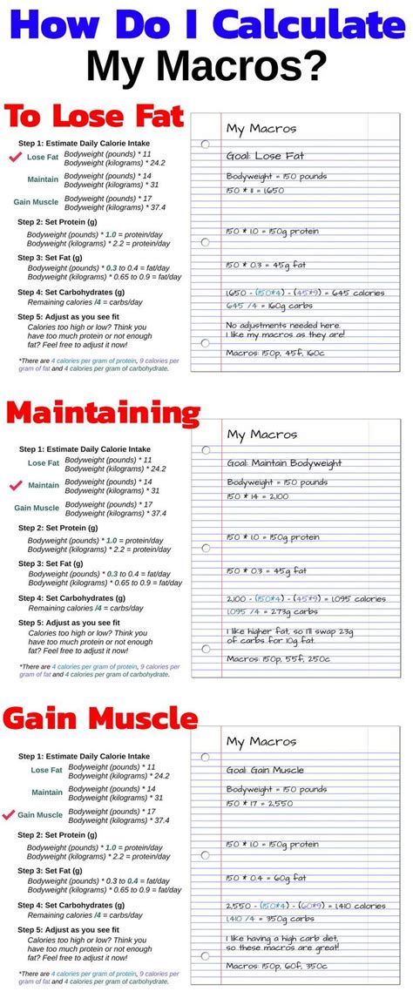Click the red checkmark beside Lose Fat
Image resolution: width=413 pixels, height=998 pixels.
pos(14,158)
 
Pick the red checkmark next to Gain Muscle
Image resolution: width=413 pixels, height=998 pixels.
pos(9,815)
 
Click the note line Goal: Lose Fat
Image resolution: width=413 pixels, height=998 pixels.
pos(264,157)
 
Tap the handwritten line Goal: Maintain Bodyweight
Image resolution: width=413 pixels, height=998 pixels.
pos(284,463)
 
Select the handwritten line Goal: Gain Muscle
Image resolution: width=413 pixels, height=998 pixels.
pos(266,770)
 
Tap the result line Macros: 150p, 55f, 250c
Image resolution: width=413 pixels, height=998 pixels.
pos(278,659)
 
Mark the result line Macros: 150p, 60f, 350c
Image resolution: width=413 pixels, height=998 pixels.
pos(278,967)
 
